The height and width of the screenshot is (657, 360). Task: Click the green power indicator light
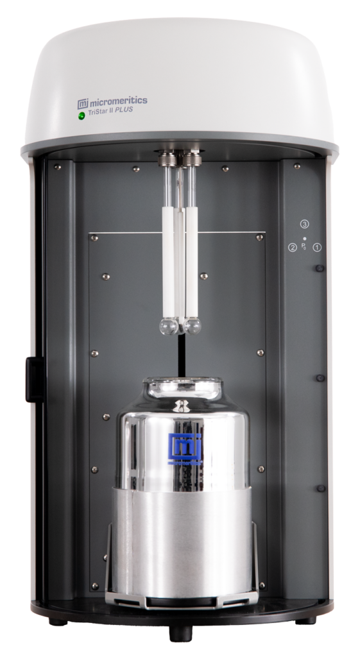(x=81, y=115)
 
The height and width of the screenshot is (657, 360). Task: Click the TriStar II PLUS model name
(x=110, y=111)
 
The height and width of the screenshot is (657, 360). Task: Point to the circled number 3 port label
(x=304, y=224)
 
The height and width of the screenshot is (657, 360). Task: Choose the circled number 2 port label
(x=292, y=248)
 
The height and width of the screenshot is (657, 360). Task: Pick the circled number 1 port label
(x=317, y=247)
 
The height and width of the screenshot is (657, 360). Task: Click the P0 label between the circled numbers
(x=304, y=246)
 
